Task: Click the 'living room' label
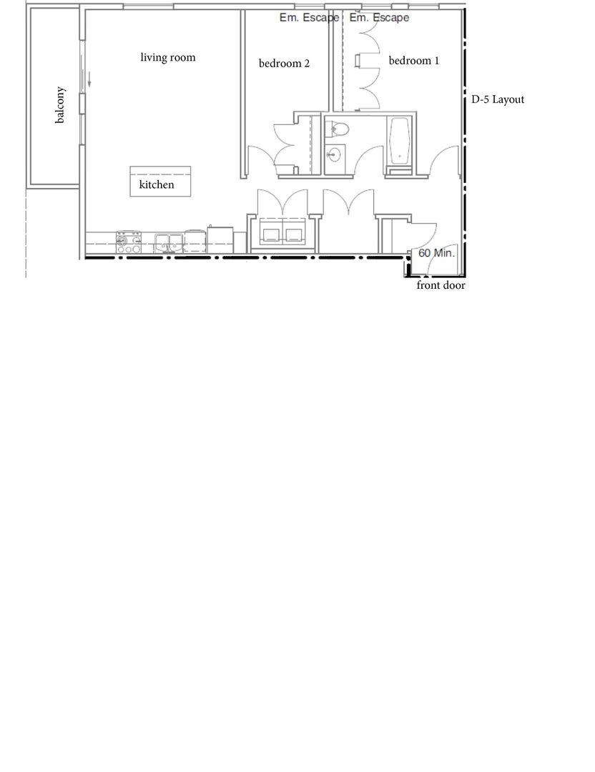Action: click(x=168, y=58)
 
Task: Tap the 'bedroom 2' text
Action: click(x=284, y=64)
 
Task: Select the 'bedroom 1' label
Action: click(x=414, y=61)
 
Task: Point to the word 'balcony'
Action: click(x=59, y=105)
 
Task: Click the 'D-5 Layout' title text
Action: click(x=498, y=99)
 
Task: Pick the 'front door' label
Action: click(x=441, y=285)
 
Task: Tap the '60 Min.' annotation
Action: click(x=436, y=253)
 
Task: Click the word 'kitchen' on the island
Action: click(x=157, y=184)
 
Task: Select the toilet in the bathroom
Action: click(x=338, y=129)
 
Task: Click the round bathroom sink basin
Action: click(x=334, y=154)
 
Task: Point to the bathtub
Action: click(x=400, y=142)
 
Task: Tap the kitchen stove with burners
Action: click(x=129, y=242)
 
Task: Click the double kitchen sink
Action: click(x=169, y=243)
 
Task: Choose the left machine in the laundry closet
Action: click(x=271, y=234)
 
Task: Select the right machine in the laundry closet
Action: click(x=293, y=234)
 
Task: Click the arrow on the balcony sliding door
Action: click(x=89, y=79)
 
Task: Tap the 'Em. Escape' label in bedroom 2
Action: click(x=310, y=18)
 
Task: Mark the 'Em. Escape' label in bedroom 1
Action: click(x=379, y=18)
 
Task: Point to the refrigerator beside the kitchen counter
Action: click(x=220, y=239)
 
